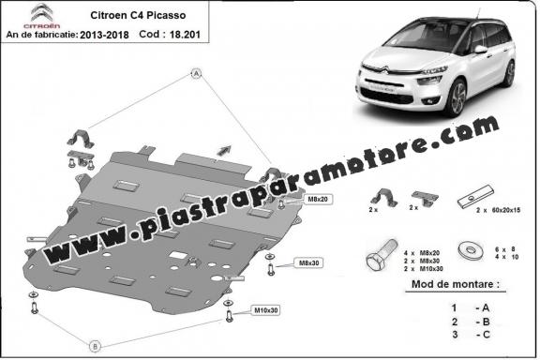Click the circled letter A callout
(198, 73)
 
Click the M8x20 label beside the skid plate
(318, 201)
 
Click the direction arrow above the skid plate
(224, 147)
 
